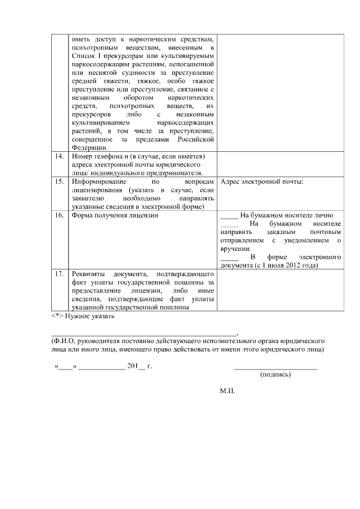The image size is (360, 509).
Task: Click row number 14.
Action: [x=58, y=156]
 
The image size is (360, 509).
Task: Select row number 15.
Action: [x=58, y=183]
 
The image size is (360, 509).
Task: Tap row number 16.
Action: [x=58, y=215]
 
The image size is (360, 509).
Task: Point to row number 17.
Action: [x=58, y=274]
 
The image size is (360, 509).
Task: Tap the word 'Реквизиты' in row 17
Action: [x=89, y=274]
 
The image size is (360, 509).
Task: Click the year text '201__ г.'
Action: [x=140, y=366]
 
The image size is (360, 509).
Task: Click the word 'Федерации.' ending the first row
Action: [x=90, y=147]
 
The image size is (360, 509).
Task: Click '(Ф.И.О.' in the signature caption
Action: [x=61, y=341]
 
